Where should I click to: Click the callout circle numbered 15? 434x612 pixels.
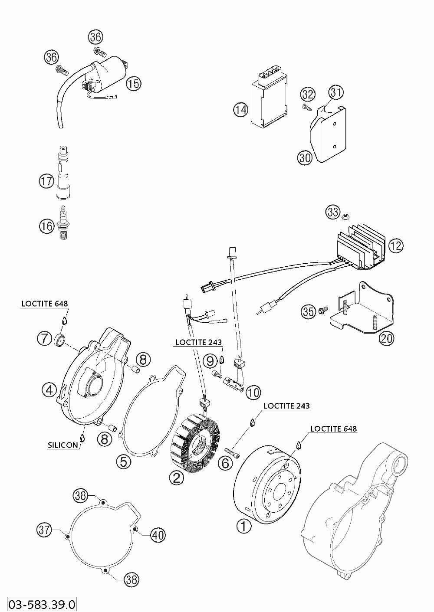click(x=134, y=83)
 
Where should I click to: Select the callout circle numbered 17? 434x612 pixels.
click(x=46, y=180)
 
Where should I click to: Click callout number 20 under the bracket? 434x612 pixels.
click(x=386, y=337)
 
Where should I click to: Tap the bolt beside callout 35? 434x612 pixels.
click(x=322, y=311)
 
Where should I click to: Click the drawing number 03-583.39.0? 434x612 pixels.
click(x=39, y=604)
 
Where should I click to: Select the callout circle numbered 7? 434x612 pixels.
click(x=44, y=338)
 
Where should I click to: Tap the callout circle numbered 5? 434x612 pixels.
click(x=124, y=461)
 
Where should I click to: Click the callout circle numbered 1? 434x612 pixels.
click(x=243, y=526)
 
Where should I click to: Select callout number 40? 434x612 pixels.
click(x=158, y=535)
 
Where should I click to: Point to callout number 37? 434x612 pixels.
click(x=44, y=530)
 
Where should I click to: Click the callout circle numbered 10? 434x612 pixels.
click(x=253, y=393)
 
